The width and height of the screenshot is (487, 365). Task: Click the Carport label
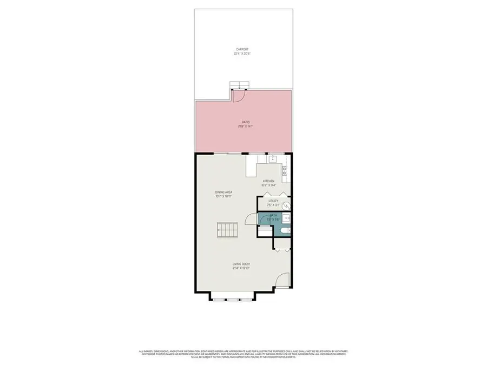(242, 49)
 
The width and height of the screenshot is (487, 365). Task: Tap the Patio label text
(245, 123)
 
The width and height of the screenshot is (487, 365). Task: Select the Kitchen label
(268, 181)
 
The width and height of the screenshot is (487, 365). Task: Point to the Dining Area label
(223, 192)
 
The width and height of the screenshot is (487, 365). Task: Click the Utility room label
(273, 201)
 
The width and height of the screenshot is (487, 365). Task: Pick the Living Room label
(240, 264)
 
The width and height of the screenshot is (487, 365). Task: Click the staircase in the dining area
(227, 231)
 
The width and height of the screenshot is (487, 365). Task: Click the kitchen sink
(273, 159)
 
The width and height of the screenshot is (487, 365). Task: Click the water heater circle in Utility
(286, 205)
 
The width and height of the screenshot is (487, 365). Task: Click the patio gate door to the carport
(239, 97)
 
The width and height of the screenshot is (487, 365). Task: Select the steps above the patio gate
(239, 85)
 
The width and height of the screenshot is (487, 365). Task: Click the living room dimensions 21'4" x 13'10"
(240, 268)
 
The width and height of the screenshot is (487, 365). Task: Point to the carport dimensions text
(242, 54)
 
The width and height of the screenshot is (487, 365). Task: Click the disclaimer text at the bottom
(243, 354)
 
